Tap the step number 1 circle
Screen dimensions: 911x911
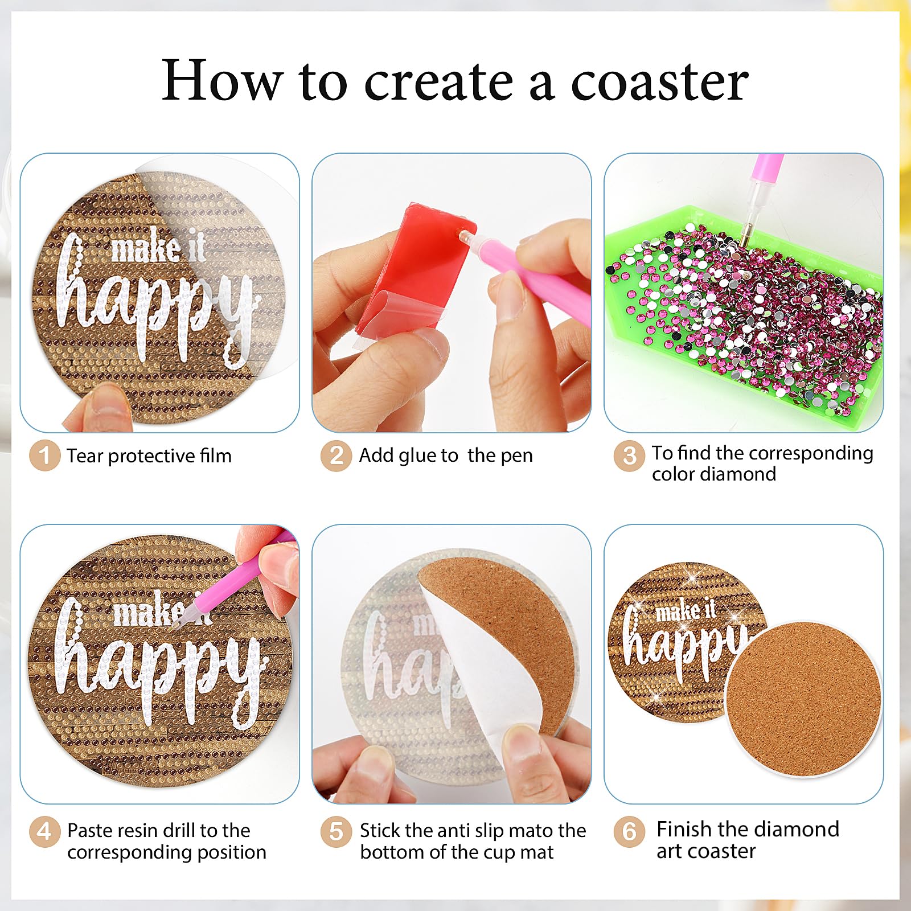point(45,455)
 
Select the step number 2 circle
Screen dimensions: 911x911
point(337,456)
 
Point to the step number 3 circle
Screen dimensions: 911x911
point(629,456)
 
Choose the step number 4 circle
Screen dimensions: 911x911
point(44,832)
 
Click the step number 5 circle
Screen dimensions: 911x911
point(336,832)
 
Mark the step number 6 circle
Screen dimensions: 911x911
point(629,832)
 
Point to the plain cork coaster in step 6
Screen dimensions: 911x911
point(803,699)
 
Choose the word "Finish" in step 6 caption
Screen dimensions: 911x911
point(684,829)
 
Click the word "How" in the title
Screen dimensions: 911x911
point(223,81)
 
